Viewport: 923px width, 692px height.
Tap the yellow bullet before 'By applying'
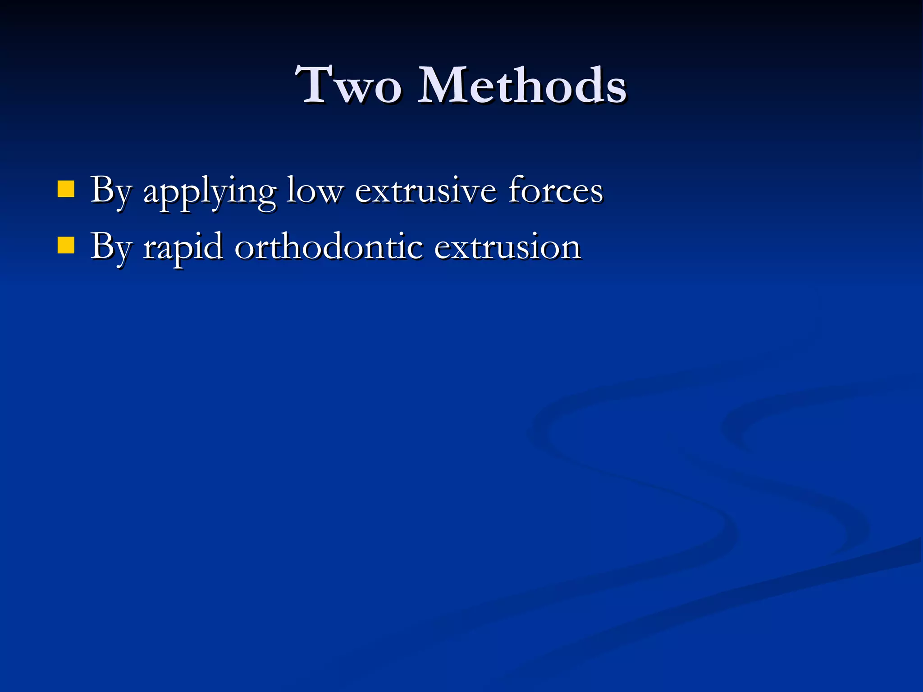point(66,189)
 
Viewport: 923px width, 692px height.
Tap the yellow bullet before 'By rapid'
point(66,246)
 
